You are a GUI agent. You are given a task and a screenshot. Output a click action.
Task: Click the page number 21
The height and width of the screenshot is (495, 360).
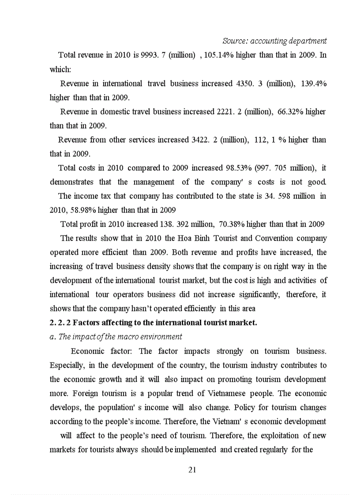point(192,470)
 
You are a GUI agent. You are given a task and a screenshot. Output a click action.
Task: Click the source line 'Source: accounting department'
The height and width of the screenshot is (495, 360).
point(274,41)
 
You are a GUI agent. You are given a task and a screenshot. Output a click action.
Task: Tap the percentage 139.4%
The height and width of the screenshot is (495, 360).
point(314,84)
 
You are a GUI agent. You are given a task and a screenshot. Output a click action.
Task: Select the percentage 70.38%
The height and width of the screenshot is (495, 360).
point(232,224)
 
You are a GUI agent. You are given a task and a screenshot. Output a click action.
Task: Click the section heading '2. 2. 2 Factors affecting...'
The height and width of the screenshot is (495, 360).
point(153,323)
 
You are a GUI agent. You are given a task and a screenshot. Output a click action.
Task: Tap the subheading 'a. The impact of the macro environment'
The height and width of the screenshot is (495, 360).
point(116,337)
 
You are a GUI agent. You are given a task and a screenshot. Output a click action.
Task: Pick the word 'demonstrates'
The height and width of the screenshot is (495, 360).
point(71,182)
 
